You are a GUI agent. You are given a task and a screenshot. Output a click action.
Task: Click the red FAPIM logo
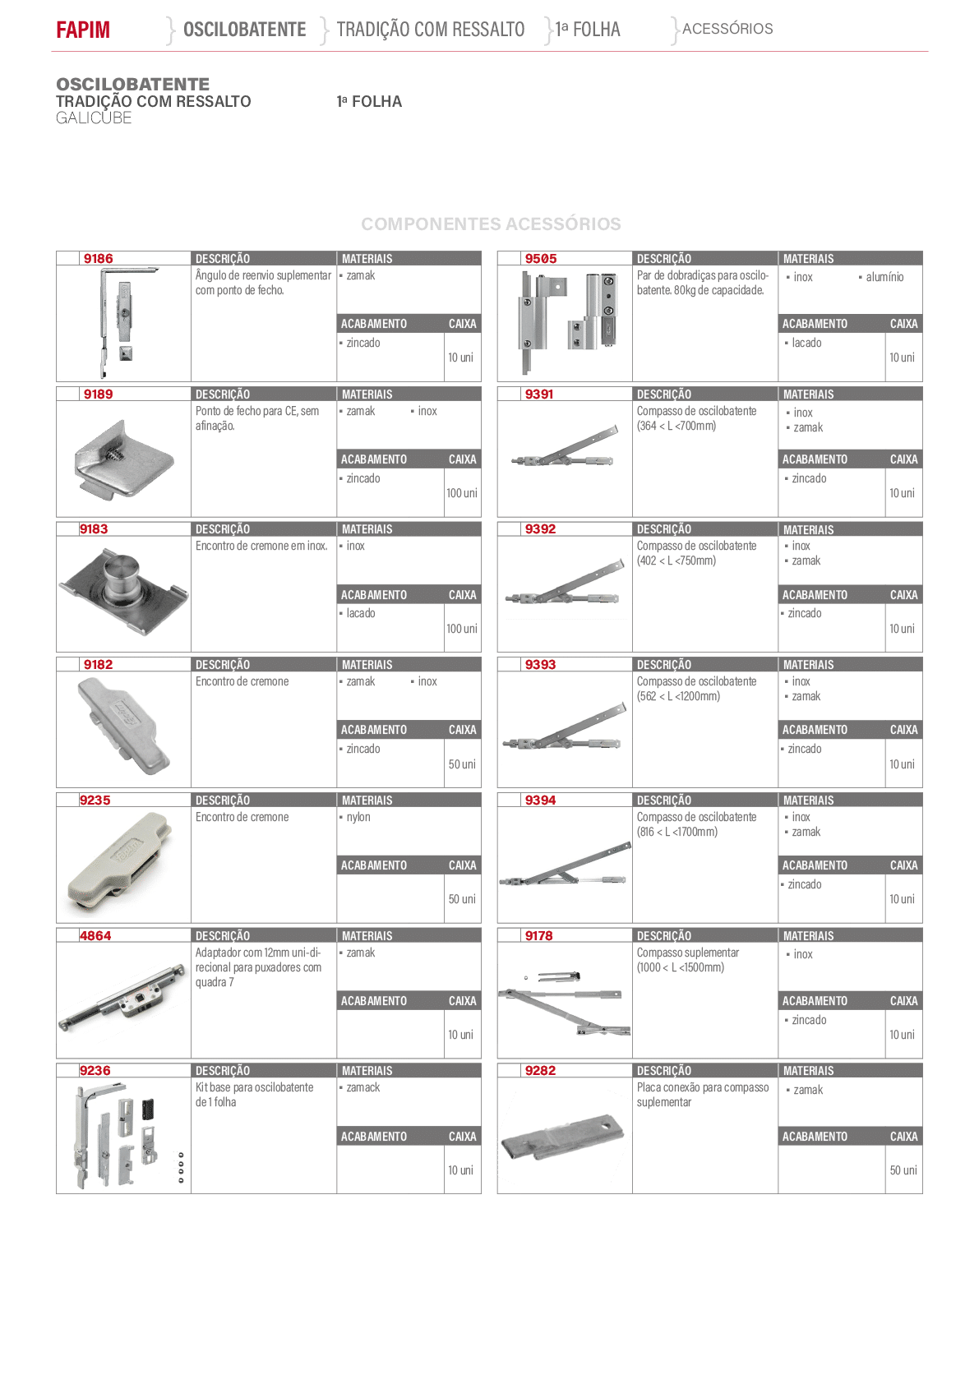pos(83,30)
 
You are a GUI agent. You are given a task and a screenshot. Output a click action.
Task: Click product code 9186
pos(99,258)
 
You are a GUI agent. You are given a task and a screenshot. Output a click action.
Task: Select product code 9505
pos(541,258)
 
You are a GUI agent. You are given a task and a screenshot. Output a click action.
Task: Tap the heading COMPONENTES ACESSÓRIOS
pos(491,224)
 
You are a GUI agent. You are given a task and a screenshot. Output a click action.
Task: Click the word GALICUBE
pos(94,118)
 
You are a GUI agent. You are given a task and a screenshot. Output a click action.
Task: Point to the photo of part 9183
pos(123,591)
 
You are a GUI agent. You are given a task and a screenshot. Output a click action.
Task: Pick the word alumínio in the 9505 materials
pos(884,277)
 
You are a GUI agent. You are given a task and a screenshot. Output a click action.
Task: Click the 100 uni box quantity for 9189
pos(462,493)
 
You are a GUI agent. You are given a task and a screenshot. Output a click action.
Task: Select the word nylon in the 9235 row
pos(358,817)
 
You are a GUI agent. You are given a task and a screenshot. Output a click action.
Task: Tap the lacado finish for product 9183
pos(361,613)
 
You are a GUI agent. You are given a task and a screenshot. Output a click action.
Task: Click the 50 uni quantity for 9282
pos(903,1170)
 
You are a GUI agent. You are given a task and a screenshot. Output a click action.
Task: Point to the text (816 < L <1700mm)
pos(677,832)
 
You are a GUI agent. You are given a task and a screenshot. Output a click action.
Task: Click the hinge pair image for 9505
pos(567,322)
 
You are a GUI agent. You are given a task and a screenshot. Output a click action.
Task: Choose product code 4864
pos(95,935)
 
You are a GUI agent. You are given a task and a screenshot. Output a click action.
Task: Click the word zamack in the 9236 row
pos(363,1087)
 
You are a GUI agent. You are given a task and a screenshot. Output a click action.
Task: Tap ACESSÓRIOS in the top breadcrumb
pos(727,29)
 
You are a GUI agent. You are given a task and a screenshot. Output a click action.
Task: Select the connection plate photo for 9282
pos(561,1137)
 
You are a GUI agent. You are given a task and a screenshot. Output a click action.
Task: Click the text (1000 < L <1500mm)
pos(681,967)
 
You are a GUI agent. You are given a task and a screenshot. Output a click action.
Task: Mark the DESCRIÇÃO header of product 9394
pos(664,800)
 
